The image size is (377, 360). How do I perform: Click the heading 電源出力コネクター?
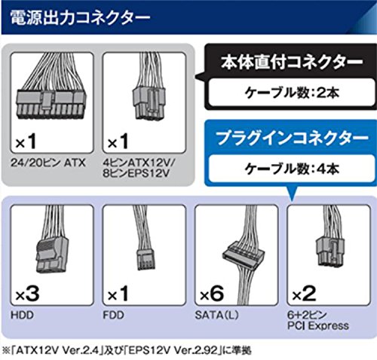80,18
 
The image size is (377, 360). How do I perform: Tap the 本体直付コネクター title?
292,63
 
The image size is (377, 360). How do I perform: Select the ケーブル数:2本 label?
292,93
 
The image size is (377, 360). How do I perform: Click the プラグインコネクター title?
292,138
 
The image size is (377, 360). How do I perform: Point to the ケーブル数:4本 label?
292,168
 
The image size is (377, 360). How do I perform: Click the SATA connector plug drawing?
244,254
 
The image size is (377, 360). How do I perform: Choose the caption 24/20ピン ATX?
48,163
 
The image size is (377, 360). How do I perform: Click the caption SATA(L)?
216,315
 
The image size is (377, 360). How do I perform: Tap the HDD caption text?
22,315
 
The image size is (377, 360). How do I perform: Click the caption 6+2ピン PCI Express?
318,320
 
